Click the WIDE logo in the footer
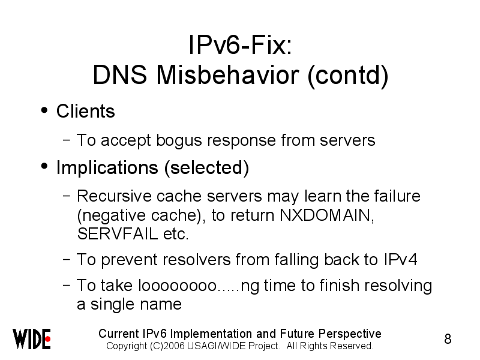coord(32,339)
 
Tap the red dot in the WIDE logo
coord(47,339)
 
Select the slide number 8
coord(448,339)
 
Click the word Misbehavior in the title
coord(228,75)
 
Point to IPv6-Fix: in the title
coord(241,45)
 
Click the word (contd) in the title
coord(348,76)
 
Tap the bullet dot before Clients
coord(44,110)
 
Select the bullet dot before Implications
coord(44,166)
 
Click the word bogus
coord(179,141)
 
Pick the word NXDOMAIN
coord(326,215)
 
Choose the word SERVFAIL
coord(118,234)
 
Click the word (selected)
coord(206,168)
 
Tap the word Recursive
coord(114,196)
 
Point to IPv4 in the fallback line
coord(400,260)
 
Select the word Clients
coord(85,111)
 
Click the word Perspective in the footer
coord(350,334)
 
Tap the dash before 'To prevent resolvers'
coord(67,259)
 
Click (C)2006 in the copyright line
coord(167,346)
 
